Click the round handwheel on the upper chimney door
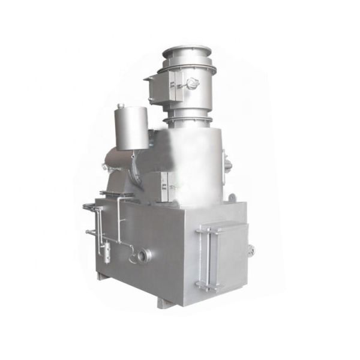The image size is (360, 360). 191,85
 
